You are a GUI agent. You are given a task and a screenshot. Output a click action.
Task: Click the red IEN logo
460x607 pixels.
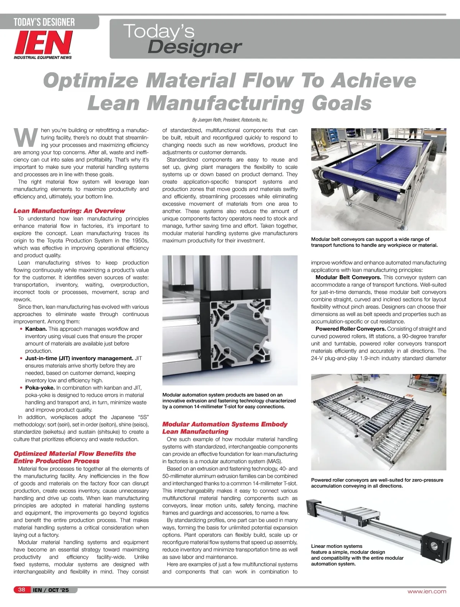coord(43,43)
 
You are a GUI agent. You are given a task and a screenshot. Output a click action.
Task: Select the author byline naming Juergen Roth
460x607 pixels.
coord(230,120)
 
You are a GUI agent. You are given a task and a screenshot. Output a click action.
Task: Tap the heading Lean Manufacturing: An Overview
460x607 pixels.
coord(69,211)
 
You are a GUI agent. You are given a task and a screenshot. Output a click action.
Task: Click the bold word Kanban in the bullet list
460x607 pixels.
coord(36,329)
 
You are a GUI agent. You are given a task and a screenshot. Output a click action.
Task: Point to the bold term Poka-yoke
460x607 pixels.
coord(40,388)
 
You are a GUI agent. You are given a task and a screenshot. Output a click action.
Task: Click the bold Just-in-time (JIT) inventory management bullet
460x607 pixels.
coord(79,358)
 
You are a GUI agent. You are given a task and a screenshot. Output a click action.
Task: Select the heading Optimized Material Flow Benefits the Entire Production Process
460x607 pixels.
coord(74,457)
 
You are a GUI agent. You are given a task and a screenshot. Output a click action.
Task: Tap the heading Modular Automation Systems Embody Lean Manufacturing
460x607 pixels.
coord(225,428)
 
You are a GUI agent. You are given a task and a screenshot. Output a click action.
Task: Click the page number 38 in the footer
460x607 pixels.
coord(21,590)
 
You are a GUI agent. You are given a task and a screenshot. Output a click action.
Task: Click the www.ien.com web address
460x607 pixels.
coord(427,591)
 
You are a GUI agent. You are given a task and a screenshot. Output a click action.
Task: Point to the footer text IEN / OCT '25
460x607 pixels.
coord(51,590)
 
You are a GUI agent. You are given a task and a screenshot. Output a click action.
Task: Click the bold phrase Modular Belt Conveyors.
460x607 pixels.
coord(348,277)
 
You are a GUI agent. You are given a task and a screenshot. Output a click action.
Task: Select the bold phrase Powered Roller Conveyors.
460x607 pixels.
coord(350,329)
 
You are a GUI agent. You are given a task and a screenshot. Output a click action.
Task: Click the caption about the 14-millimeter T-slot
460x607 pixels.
coord(229,401)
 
